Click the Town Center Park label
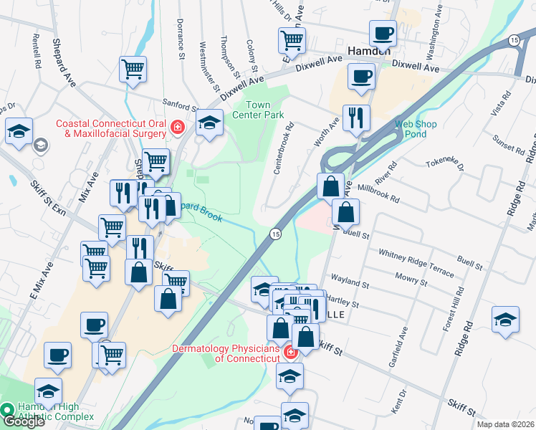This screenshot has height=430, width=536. click(262, 110)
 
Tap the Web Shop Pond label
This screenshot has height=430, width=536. click(416, 129)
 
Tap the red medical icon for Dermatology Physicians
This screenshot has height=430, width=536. click(290, 353)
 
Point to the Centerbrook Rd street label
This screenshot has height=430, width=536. click(284, 150)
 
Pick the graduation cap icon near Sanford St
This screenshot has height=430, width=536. click(209, 122)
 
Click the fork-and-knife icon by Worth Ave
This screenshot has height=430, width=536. click(356, 117)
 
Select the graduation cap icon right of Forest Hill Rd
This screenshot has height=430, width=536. click(505, 319)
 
